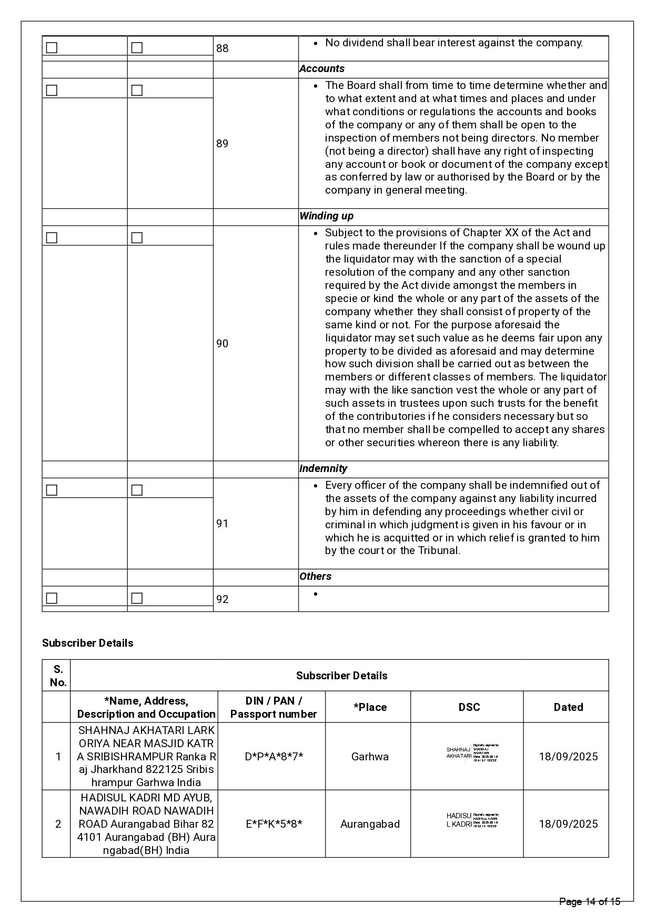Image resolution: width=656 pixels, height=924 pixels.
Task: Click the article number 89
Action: pos(223,144)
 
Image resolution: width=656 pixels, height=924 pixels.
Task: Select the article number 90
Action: pos(223,344)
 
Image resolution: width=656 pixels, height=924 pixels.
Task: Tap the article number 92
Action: pos(223,599)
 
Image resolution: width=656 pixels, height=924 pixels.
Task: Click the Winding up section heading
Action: pos(326,216)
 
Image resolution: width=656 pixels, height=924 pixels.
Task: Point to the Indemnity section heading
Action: pos(324,469)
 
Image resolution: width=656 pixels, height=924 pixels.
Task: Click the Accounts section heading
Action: pos(322,69)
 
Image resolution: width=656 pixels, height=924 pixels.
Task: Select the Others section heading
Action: pos(315,577)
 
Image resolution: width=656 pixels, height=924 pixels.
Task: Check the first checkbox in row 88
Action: pos(52,48)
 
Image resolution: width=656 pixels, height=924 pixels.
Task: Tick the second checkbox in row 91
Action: pos(137,490)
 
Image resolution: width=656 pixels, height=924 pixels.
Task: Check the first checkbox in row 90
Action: pos(52,238)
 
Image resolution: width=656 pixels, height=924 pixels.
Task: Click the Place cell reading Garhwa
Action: pos(370,757)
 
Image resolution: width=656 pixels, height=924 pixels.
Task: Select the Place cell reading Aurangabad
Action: pos(370,824)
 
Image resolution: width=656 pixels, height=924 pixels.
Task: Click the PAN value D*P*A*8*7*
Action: pos(274,757)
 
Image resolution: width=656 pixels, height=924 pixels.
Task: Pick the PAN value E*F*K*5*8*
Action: pos(274,824)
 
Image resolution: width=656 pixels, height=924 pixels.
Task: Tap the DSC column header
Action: pos(469,707)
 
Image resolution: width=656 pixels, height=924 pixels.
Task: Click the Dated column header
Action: pos(568,707)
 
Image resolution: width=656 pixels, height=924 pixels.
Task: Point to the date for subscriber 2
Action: pos(568,824)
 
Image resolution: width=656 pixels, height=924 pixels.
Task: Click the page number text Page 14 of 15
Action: pos(590,902)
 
